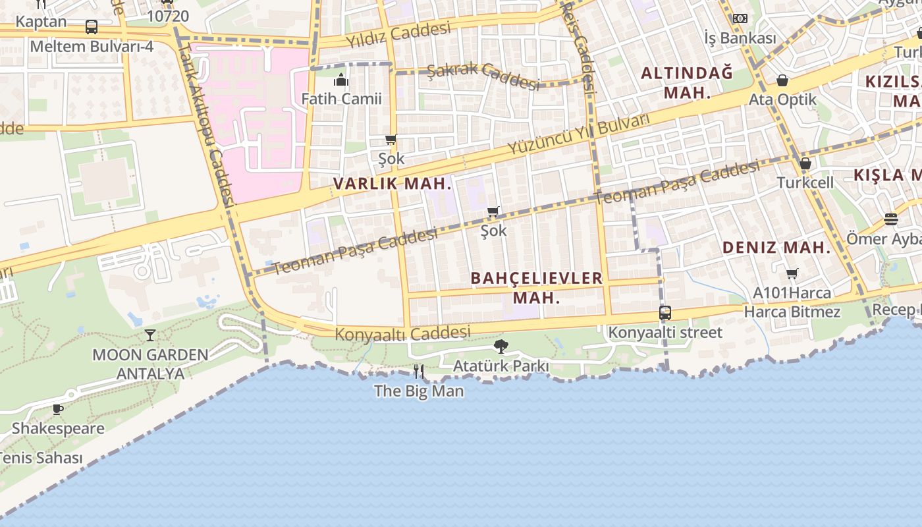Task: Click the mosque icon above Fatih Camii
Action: coord(341,80)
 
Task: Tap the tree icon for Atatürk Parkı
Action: coord(501,347)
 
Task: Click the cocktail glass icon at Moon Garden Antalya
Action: coord(150,335)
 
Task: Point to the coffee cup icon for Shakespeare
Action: coord(58,409)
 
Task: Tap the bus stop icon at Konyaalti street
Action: coord(665,313)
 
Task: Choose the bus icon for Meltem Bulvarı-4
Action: coord(92,27)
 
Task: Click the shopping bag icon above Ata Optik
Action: coord(782,80)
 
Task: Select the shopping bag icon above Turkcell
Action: coord(805,163)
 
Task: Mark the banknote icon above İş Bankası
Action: coord(740,18)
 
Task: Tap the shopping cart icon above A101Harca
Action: coord(792,273)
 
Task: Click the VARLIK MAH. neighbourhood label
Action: coord(393,184)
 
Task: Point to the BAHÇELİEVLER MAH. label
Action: coord(537,288)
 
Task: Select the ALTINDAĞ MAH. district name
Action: coord(687,82)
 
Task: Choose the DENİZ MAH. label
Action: coord(777,248)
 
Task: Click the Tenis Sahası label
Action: coord(41,458)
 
